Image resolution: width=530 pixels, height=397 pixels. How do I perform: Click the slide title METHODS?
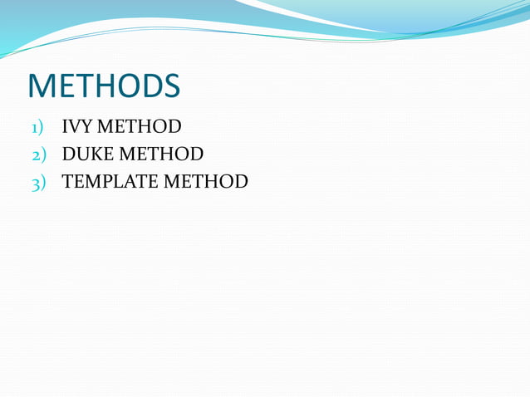(104, 86)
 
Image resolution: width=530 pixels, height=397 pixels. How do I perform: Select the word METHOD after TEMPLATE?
(206, 181)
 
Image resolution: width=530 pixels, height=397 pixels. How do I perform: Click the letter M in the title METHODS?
(41, 86)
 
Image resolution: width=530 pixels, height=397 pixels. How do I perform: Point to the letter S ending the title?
(171, 86)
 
